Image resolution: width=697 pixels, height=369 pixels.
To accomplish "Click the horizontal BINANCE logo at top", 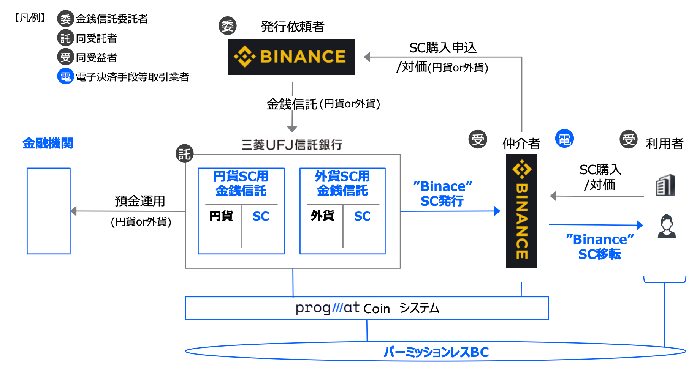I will (x=291, y=57).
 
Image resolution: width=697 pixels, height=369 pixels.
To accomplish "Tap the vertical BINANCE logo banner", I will (x=521, y=211).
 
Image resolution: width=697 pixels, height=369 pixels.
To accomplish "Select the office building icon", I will (x=665, y=185).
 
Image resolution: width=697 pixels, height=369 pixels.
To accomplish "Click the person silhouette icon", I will (x=667, y=227).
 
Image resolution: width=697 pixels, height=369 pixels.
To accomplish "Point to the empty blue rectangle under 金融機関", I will (x=49, y=211).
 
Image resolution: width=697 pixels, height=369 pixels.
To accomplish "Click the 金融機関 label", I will (x=48, y=143).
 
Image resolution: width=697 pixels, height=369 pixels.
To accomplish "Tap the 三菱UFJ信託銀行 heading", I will (x=292, y=145).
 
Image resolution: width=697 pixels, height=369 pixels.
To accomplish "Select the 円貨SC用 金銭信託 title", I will (x=241, y=183).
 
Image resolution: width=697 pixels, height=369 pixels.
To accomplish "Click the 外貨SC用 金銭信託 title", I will (x=342, y=183).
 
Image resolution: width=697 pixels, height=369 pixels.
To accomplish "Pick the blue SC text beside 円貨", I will (x=261, y=216).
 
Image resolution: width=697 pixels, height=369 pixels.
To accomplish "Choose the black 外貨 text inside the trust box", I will (x=322, y=216).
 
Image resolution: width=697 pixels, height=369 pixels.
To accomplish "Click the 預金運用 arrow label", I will (x=140, y=201).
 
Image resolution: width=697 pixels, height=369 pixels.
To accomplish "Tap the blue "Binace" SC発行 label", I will (x=442, y=194).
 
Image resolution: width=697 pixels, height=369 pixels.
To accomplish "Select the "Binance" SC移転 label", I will (x=600, y=247).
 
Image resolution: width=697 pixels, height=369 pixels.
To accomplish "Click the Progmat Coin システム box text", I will (x=367, y=308).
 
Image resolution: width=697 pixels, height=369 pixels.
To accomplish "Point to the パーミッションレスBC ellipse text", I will (x=436, y=352).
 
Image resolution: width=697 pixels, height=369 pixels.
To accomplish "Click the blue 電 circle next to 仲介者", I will (x=564, y=139).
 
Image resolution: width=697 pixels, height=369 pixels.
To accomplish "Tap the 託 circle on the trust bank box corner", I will (x=185, y=154).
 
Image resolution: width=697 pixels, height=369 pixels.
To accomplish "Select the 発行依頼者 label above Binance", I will (x=293, y=27).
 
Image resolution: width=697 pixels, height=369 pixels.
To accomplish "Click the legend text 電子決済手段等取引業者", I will (x=132, y=77).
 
